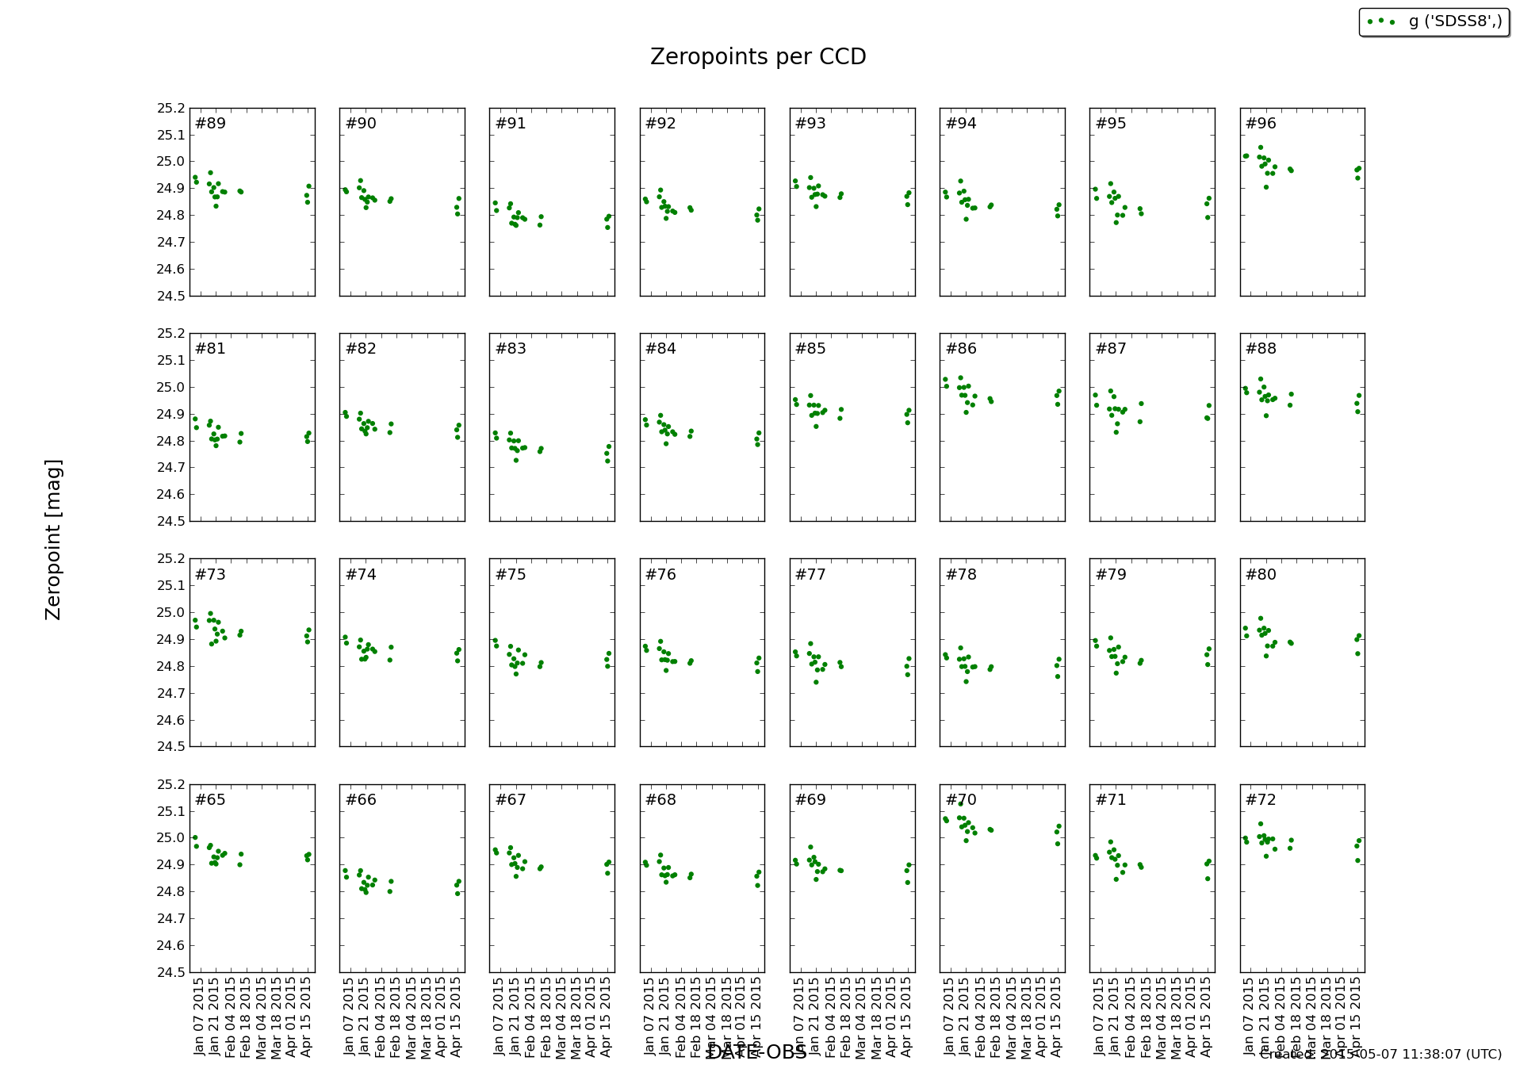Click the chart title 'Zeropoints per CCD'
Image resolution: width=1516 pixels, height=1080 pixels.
pos(758,57)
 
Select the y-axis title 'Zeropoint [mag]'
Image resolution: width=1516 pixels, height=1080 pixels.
pos(53,539)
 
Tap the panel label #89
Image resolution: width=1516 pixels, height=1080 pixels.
pos(210,124)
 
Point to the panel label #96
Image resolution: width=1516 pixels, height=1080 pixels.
pos(1261,124)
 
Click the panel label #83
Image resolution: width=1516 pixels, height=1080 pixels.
pos(511,349)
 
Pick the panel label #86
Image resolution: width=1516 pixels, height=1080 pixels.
pos(961,349)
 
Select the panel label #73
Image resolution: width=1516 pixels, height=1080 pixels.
pos(210,575)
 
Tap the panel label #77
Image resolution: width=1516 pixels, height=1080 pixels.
pos(810,575)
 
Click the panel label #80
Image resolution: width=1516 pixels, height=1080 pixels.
pos(1261,575)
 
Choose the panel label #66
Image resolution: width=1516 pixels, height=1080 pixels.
pos(361,800)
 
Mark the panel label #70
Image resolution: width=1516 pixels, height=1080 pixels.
pos(961,800)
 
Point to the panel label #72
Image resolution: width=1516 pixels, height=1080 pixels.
pos(1261,800)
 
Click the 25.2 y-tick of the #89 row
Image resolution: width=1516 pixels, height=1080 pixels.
pos(170,109)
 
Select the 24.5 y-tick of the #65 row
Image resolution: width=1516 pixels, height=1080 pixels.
pos(170,972)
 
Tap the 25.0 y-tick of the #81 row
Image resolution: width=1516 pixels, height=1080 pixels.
pos(170,388)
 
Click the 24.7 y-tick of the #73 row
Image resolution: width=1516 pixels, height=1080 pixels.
pos(170,694)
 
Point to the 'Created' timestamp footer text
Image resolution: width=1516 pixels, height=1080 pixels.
pos(1380,1055)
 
